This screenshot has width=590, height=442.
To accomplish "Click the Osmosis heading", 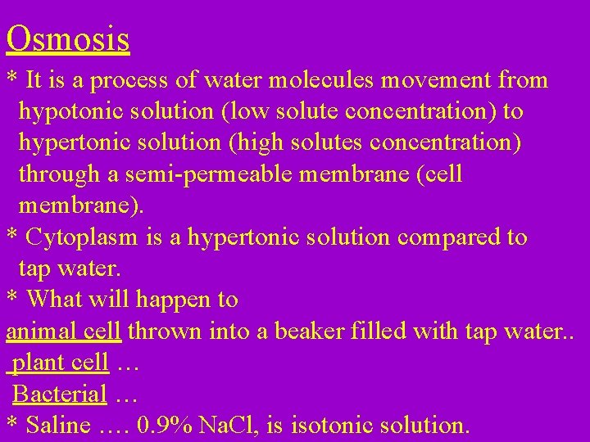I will (68, 39).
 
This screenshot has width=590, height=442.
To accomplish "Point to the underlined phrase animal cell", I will (63, 331).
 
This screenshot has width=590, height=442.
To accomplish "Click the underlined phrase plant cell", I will (61, 363).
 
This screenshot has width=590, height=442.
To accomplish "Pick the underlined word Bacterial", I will (60, 395).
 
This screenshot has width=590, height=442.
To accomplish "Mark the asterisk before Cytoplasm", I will (12, 237).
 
